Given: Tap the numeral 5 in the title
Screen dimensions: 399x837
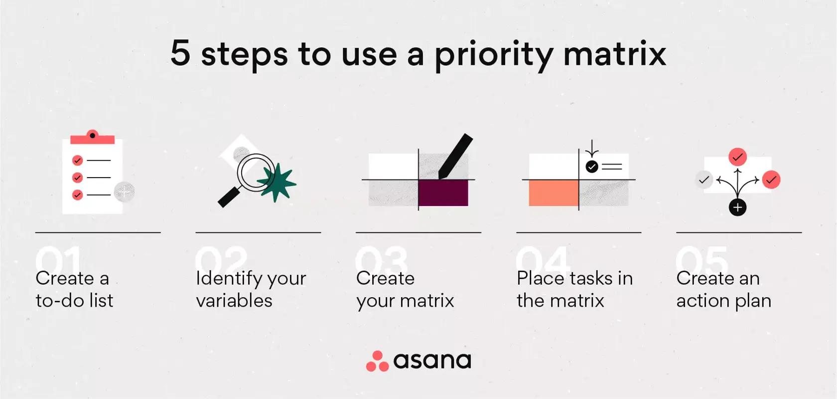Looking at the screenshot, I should (180, 53).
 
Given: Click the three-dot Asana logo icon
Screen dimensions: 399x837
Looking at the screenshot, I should (377, 362).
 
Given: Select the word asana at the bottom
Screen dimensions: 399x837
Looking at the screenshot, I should (432, 361).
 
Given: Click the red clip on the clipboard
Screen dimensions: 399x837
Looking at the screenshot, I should (93, 137).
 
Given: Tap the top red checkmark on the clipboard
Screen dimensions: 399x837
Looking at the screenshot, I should (77, 160).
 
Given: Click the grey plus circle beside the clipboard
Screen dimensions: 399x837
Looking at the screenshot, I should (124, 192).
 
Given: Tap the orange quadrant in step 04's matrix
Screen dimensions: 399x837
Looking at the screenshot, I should (553, 193).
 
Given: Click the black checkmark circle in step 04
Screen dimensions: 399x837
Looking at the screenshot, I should (592, 167).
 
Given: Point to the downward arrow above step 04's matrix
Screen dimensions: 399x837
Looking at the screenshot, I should (592, 149).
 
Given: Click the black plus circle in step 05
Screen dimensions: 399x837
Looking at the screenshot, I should (737, 207).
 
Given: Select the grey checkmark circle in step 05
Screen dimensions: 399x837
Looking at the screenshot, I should (704, 180).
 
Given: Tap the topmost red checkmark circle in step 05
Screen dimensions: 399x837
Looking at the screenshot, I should (737, 157).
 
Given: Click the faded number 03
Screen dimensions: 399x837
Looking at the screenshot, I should (382, 259).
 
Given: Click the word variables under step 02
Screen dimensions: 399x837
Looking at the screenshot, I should (234, 301).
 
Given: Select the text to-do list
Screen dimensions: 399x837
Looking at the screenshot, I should (75, 301).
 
